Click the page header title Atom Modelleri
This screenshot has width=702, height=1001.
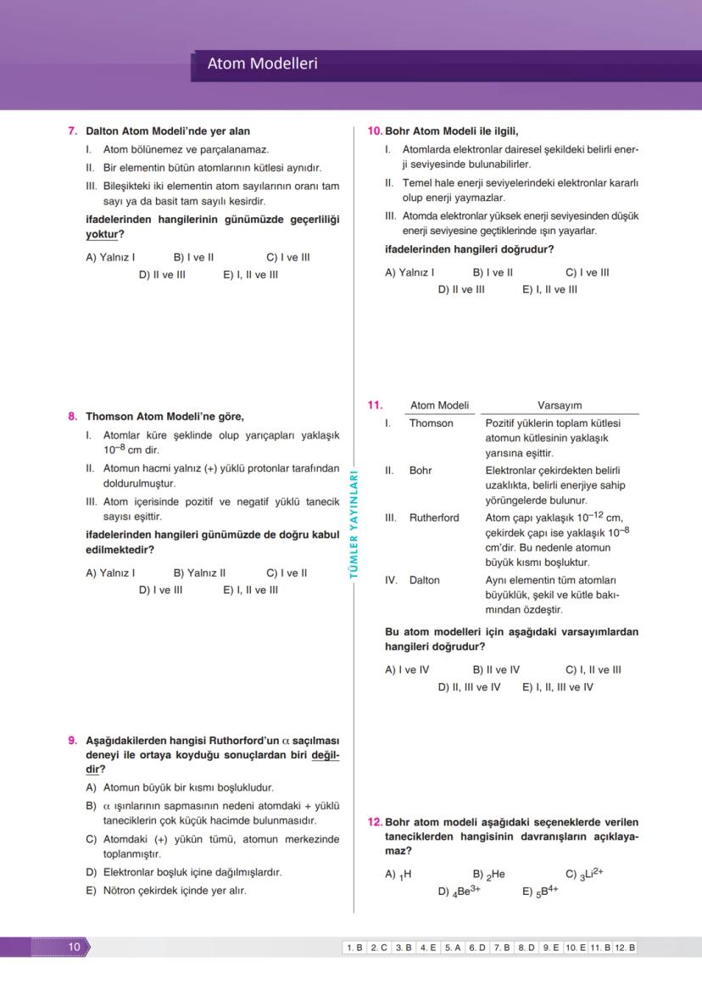click(x=262, y=64)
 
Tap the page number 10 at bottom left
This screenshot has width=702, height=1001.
click(x=75, y=947)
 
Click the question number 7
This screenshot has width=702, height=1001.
click(x=73, y=131)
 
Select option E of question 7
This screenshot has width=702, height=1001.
click(x=250, y=275)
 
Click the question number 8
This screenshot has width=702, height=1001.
click(x=73, y=417)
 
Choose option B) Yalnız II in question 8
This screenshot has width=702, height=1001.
click(x=199, y=573)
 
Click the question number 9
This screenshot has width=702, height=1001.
click(x=73, y=741)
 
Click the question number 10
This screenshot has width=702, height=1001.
click(x=375, y=131)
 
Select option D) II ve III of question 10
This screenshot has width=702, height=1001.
click(x=461, y=289)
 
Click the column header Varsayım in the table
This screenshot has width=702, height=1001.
click(x=560, y=405)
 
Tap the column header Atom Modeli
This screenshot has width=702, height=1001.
click(x=439, y=405)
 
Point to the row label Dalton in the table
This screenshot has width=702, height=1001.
click(x=424, y=580)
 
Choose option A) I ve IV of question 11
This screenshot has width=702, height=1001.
click(x=407, y=669)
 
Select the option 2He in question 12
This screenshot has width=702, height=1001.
click(x=489, y=875)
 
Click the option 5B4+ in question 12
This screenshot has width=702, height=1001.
click(x=540, y=892)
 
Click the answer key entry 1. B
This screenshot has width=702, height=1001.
click(x=354, y=948)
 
